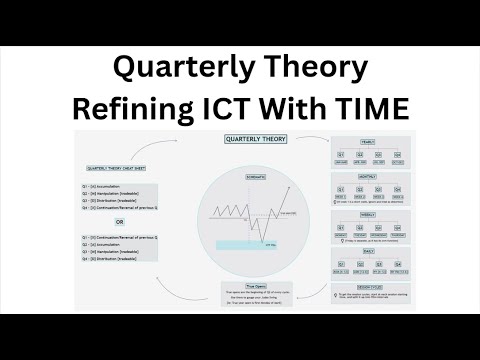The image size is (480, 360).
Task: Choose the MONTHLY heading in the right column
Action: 368,175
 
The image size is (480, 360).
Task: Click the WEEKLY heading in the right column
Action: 368,213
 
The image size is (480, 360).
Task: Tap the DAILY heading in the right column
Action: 368,251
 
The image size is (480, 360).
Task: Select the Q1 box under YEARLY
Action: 341,157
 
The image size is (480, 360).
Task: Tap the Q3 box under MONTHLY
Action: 378,190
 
